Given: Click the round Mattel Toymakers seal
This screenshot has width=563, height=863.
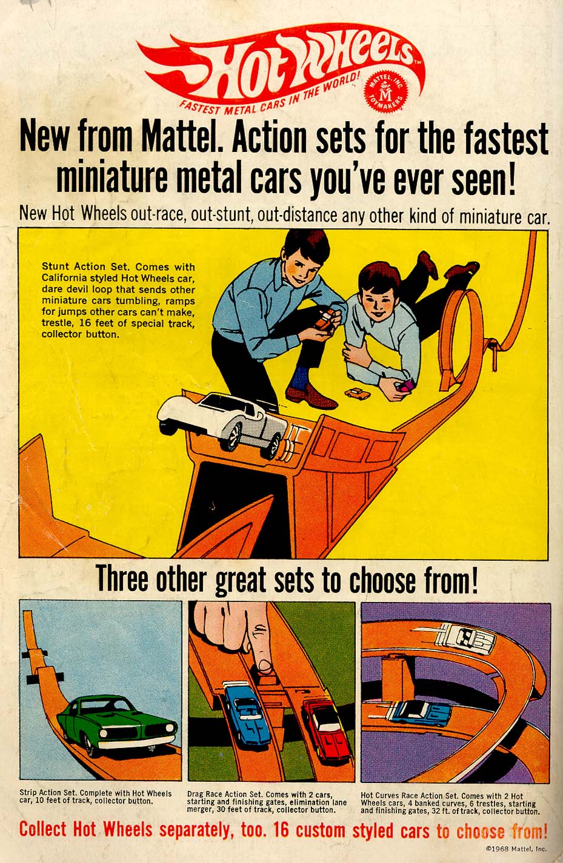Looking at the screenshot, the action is coord(387,91).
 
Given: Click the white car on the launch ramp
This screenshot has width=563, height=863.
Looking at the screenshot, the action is coord(223,423).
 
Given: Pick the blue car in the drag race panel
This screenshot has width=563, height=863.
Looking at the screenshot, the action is coord(244,712).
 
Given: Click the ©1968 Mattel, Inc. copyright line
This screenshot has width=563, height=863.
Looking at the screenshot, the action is coord(516,848).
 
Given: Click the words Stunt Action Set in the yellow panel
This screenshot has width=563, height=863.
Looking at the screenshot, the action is coord(84,266).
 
